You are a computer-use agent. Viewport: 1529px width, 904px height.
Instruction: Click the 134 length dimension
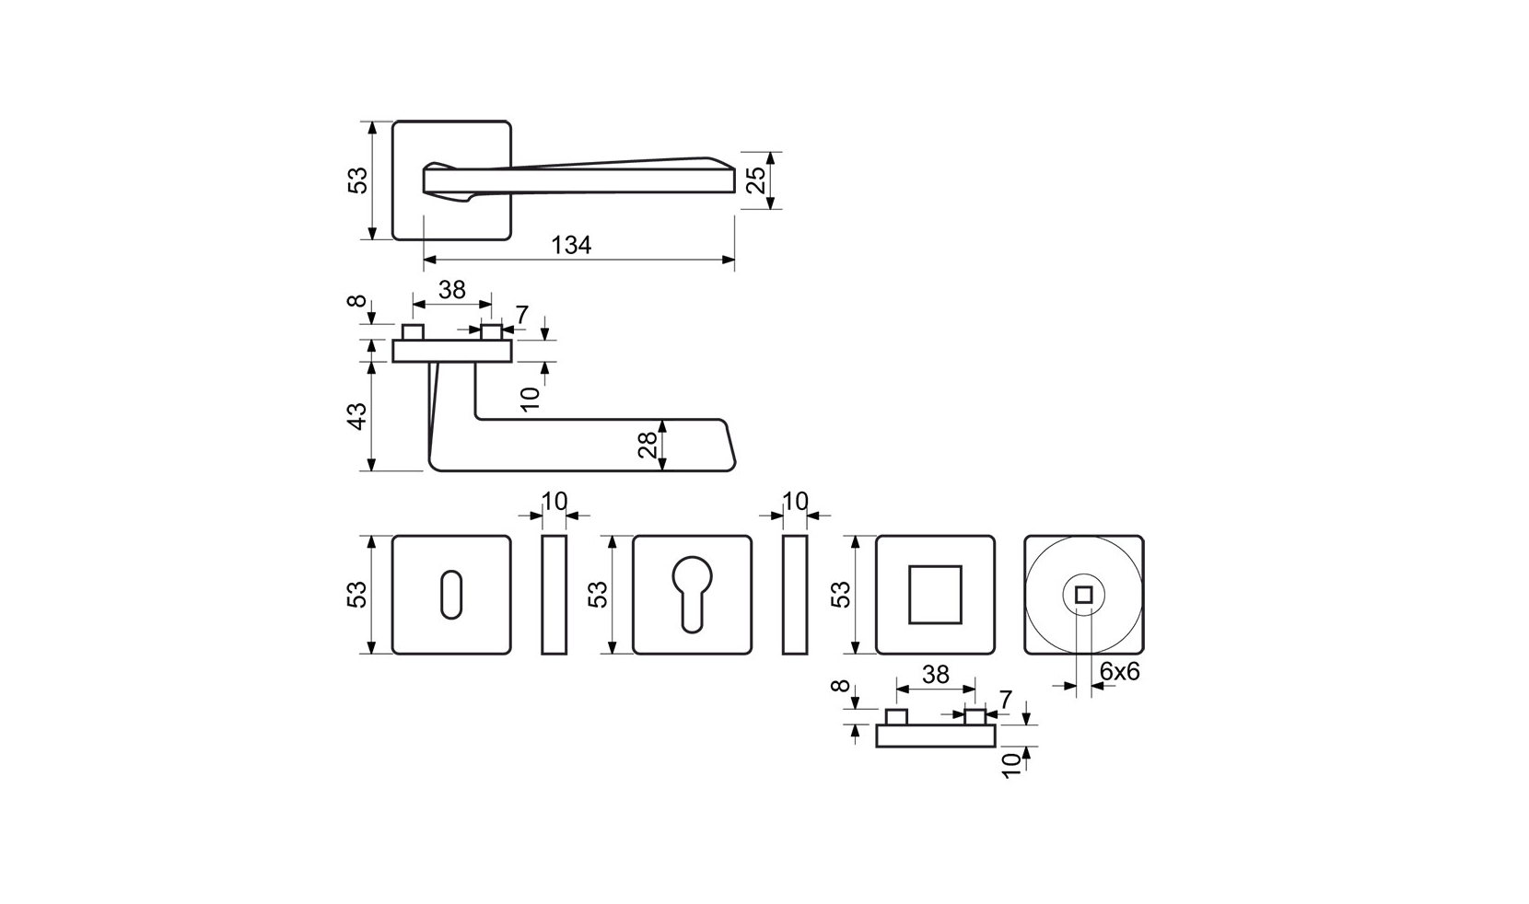571,245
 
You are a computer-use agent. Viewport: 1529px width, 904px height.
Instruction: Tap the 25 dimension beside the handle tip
755,180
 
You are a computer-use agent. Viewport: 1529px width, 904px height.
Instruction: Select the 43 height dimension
357,416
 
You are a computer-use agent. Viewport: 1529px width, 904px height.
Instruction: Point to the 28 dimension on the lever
648,445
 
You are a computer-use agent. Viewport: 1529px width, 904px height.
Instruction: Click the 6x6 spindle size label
1120,672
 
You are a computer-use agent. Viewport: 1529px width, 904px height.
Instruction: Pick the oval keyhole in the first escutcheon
451,595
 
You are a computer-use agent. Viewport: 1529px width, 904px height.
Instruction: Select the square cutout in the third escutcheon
935,595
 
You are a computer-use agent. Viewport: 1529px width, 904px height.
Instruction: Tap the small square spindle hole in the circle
1084,595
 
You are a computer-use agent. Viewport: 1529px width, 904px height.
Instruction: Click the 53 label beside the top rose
357,180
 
